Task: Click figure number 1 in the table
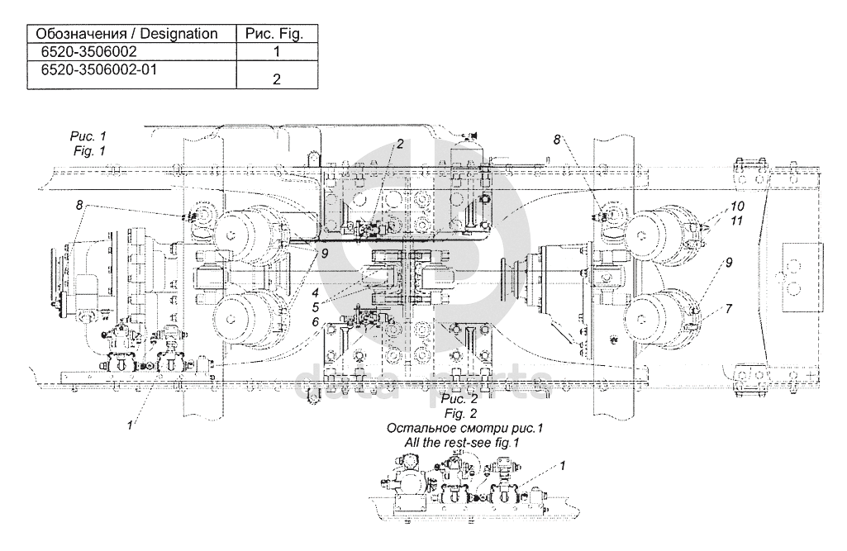[277, 52]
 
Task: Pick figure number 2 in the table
[277, 79]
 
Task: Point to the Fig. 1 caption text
[89, 150]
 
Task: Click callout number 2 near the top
[400, 144]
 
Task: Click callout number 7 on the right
[729, 308]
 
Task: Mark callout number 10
[737, 206]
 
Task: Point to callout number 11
[736, 221]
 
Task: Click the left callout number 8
[79, 205]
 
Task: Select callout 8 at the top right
[557, 140]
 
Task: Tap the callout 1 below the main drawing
[130, 425]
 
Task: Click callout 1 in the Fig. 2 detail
[563, 465]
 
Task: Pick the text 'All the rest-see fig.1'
[462, 443]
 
